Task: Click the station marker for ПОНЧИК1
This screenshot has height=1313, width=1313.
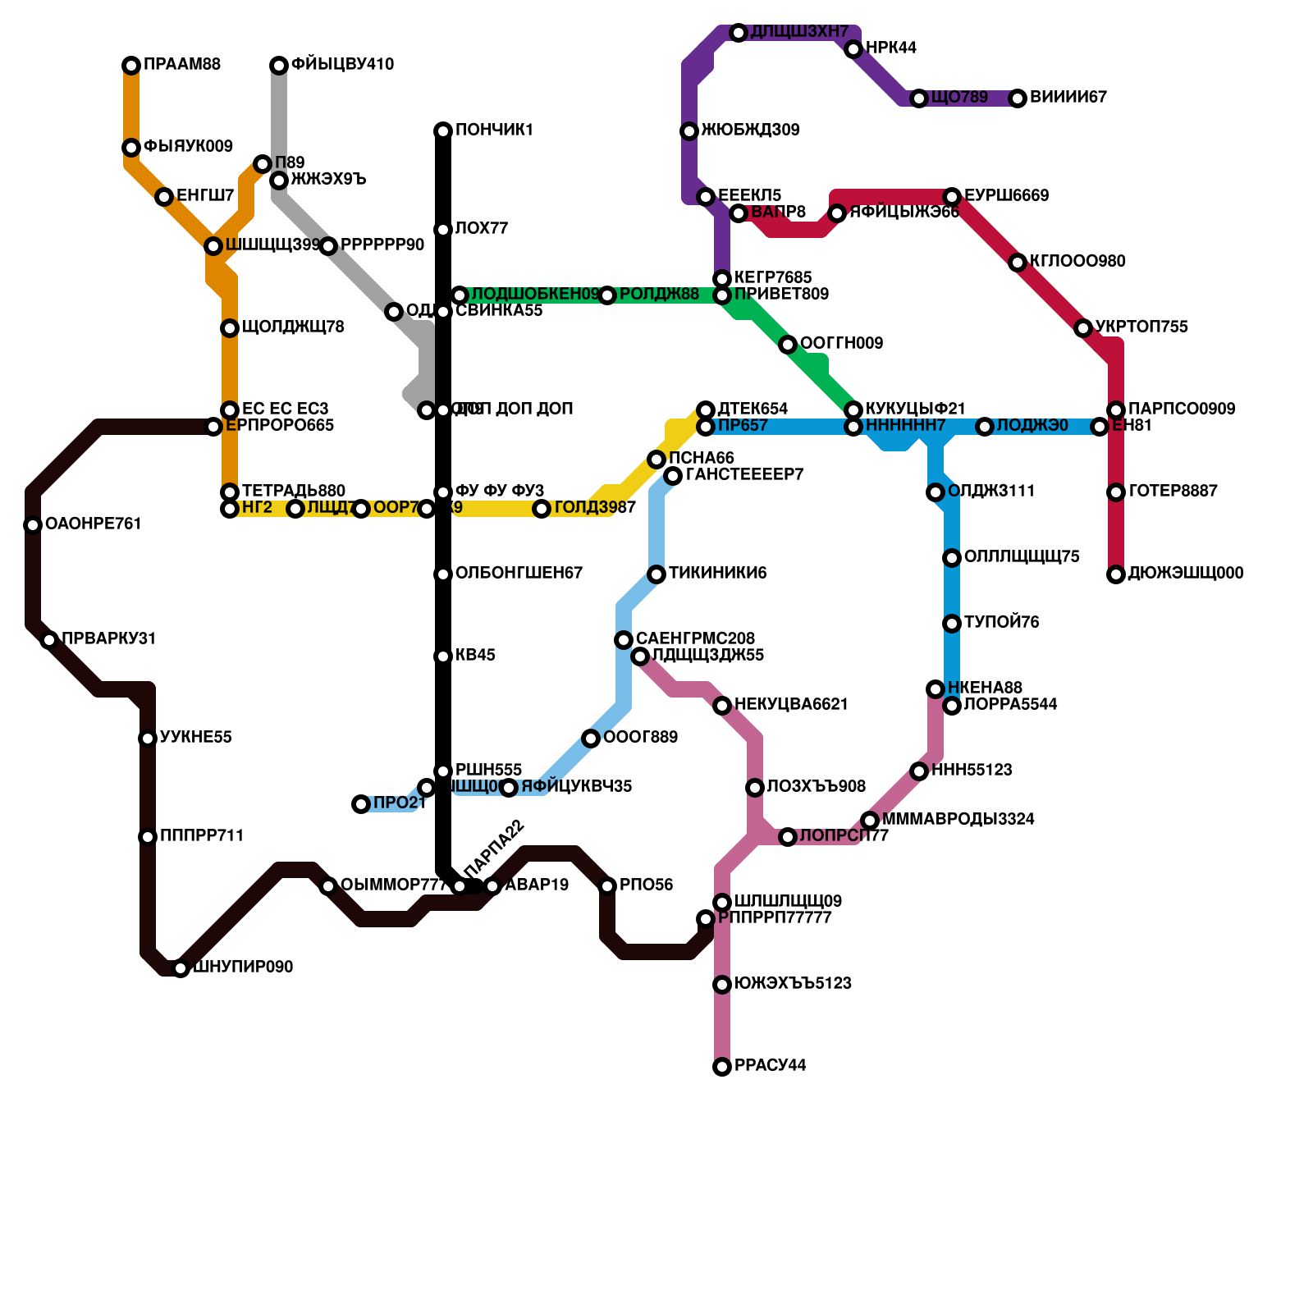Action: [443, 131]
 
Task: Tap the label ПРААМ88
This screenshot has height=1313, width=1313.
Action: [182, 65]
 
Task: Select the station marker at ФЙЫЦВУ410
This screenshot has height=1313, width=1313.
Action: [279, 66]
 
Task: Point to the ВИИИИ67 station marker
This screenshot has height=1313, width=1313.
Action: [1018, 98]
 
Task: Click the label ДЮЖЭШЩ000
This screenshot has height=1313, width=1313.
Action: [1186, 574]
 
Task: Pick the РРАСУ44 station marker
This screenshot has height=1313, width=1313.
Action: [722, 1067]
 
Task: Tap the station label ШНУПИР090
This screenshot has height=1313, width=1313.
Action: [243, 968]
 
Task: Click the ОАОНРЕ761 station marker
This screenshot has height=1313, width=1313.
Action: [33, 525]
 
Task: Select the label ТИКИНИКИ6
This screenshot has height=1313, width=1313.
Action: [717, 574]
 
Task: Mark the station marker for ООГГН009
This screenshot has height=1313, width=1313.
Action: [788, 345]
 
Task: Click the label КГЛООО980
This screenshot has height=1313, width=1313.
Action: [1077, 262]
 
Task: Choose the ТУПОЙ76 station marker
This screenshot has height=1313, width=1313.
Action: [952, 624]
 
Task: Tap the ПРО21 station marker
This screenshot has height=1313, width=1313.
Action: [361, 804]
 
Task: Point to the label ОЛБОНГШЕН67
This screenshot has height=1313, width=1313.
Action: [519, 574]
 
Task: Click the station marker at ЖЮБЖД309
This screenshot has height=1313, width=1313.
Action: [689, 131]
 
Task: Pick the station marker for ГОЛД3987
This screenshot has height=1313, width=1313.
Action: [542, 509]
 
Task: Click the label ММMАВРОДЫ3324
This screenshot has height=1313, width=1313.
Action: [958, 820]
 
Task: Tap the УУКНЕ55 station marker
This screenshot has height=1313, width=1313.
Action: [148, 739]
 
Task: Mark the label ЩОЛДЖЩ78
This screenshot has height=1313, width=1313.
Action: [293, 327]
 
